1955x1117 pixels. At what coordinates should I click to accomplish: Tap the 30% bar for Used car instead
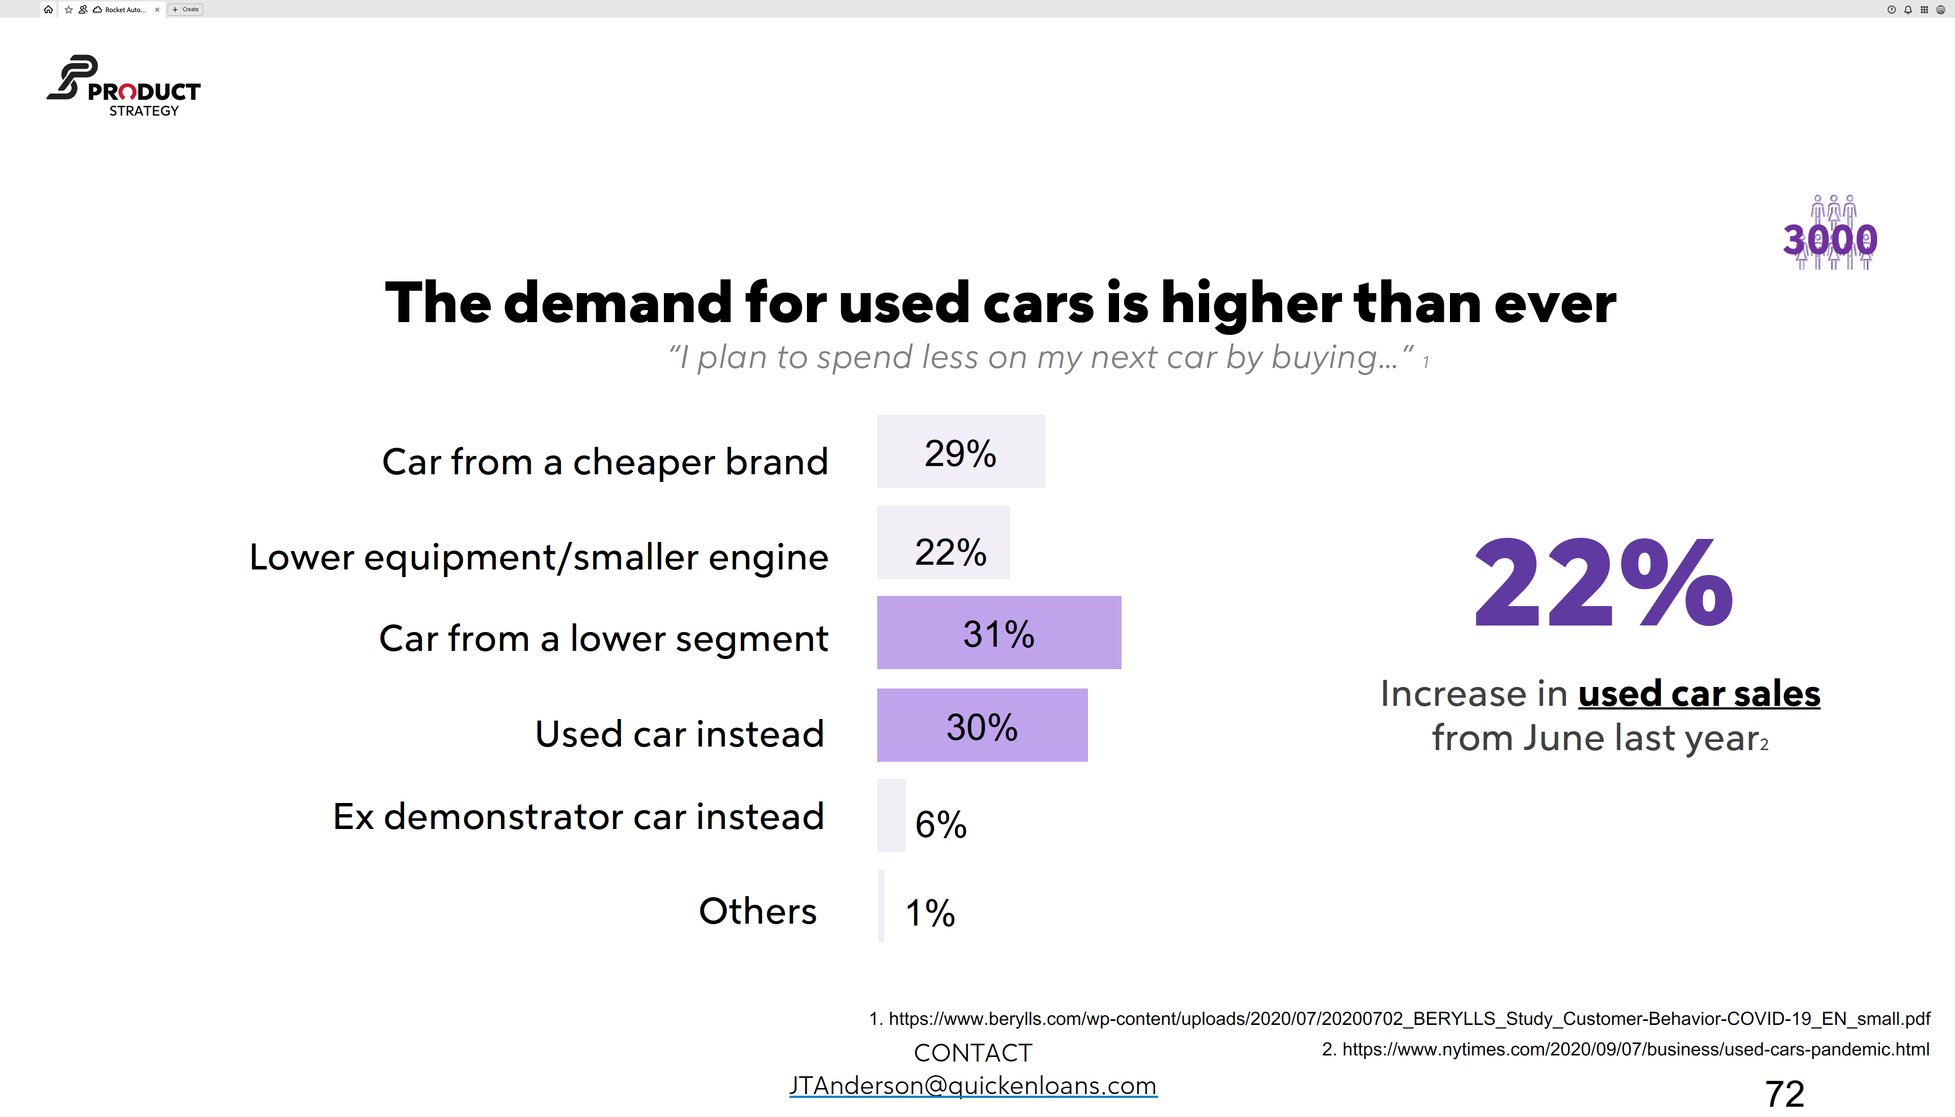tap(982, 725)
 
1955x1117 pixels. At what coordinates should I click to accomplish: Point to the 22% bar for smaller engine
tap(943, 542)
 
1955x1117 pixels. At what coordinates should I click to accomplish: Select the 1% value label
tap(930, 913)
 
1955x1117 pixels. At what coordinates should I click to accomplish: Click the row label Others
tap(757, 911)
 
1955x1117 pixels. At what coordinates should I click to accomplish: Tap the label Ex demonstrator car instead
tap(578, 816)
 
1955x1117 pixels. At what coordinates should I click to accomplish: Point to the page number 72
tap(1784, 1093)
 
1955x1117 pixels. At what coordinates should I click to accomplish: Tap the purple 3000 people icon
tap(1831, 233)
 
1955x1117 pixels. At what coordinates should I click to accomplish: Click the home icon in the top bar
tap(48, 9)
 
